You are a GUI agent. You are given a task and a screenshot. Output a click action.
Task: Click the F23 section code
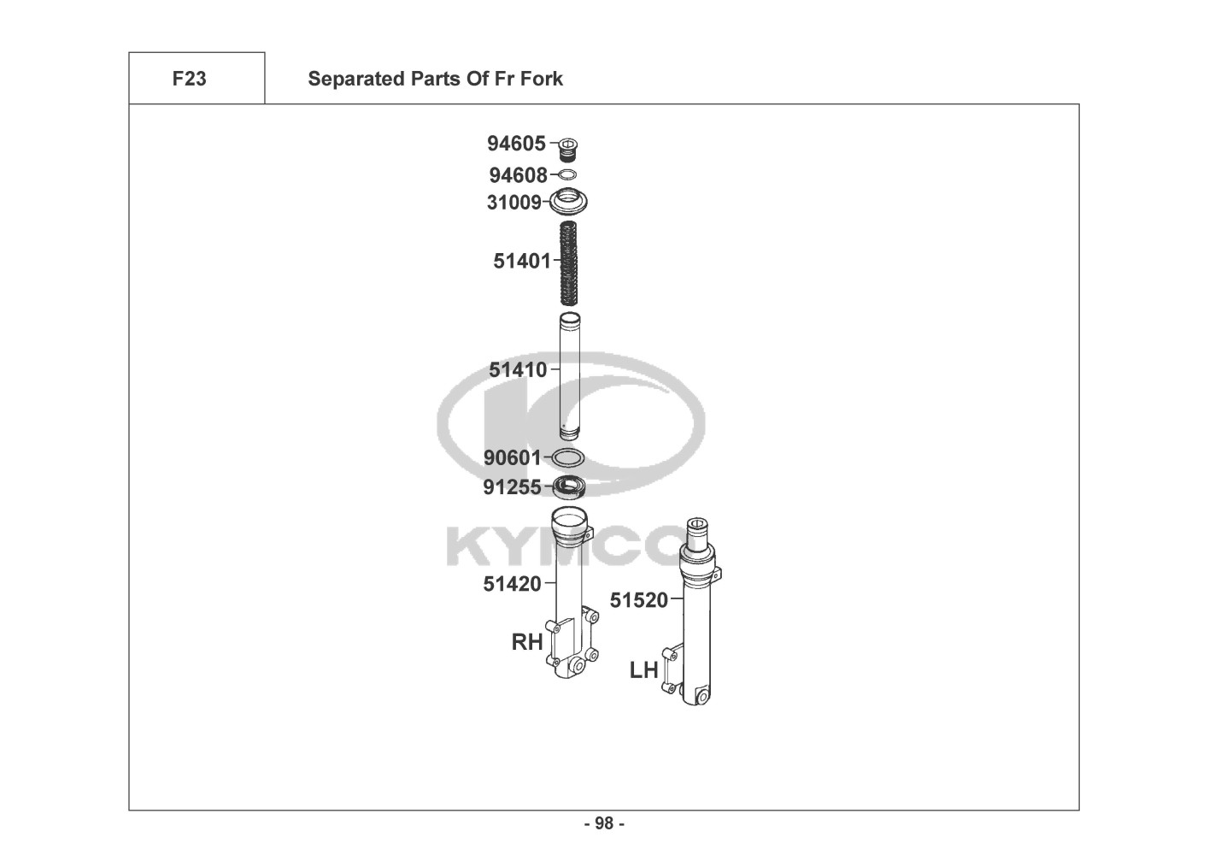point(189,79)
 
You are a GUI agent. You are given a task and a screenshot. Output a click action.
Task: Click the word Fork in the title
point(542,79)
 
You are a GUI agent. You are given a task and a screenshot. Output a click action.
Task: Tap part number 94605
point(517,144)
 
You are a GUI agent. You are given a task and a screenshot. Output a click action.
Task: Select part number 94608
point(518,175)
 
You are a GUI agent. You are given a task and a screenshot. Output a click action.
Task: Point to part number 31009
point(514,203)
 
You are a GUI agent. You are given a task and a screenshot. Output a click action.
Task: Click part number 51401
point(522,261)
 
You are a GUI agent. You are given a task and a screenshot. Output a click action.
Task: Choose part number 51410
point(518,370)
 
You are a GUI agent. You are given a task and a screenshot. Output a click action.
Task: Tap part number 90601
point(512,458)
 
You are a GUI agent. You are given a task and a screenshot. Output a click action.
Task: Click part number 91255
point(512,487)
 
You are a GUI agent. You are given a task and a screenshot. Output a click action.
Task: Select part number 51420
point(512,584)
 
